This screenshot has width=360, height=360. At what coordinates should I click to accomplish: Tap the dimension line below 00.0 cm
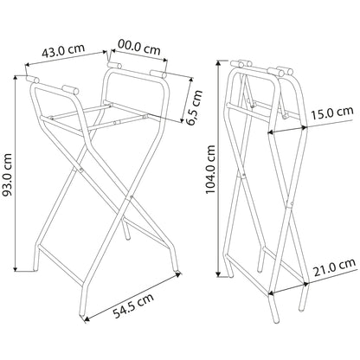(138, 56)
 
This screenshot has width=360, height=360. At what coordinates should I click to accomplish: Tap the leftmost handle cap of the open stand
(35, 80)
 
